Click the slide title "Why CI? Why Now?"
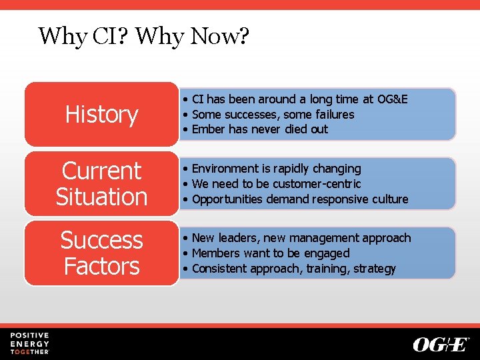(144, 35)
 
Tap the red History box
(101, 115)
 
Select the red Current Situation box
(101, 184)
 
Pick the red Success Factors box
(101, 253)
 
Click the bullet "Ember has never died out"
(260, 129)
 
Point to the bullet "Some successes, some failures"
(273, 115)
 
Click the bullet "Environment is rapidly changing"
(276, 169)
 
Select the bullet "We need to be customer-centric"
(276, 184)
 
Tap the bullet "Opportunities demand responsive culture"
(299, 199)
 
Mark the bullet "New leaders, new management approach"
(301, 238)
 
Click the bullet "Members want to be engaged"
(270, 253)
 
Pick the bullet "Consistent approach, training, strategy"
(293, 269)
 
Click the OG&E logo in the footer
(441, 345)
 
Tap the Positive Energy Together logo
(29, 343)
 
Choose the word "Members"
(215, 253)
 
